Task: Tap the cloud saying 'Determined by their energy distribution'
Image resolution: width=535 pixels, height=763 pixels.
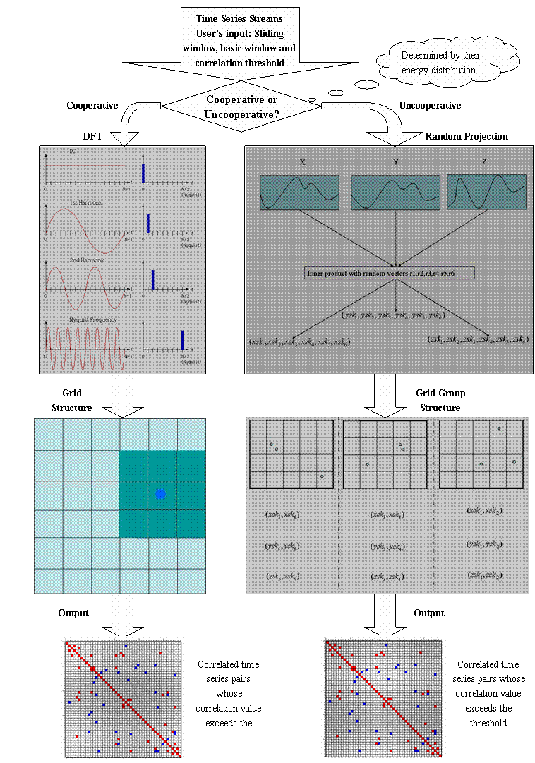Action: [438, 63]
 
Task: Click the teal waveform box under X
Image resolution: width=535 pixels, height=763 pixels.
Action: [299, 192]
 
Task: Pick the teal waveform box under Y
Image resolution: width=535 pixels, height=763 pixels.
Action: [396, 192]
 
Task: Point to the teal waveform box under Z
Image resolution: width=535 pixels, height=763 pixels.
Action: [486, 192]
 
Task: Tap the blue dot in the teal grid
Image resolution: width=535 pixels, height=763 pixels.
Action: [160, 494]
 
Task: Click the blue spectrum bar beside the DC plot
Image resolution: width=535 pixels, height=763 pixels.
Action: [143, 173]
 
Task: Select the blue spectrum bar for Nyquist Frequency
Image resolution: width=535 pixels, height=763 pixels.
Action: [183, 340]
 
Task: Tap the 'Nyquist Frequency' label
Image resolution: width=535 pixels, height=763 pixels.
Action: [93, 319]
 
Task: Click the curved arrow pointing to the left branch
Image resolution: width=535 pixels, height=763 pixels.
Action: [135, 120]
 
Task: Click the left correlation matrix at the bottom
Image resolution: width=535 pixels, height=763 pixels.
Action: [123, 699]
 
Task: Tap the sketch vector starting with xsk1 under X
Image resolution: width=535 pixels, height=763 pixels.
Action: [299, 341]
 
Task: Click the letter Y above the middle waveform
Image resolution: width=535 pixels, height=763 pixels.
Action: [396, 162]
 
